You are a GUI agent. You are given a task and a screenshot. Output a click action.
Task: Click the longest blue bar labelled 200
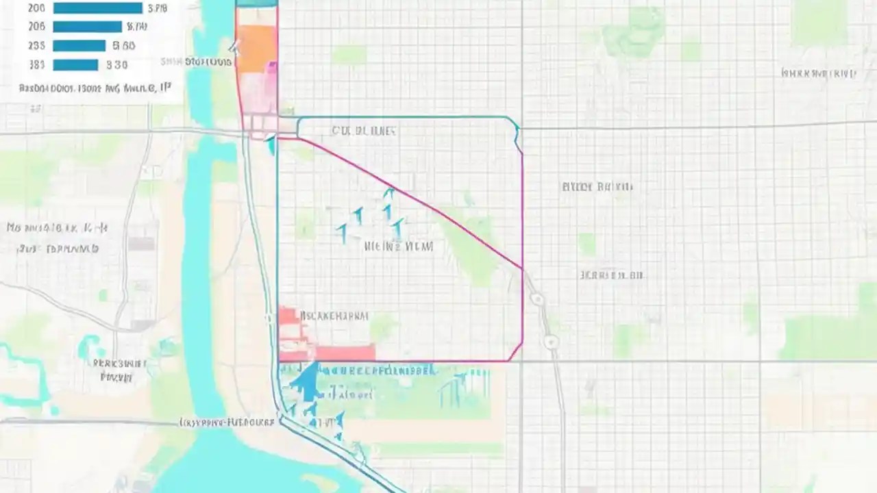pyautogui.click(x=97, y=8)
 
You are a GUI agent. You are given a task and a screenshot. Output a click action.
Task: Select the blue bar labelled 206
pyautogui.click(x=87, y=27)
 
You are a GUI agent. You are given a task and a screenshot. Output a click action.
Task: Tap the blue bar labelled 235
pyautogui.click(x=79, y=46)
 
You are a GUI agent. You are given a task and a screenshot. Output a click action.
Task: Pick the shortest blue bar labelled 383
pyautogui.click(x=75, y=65)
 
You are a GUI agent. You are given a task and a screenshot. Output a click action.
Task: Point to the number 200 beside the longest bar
pyautogui.click(x=36, y=8)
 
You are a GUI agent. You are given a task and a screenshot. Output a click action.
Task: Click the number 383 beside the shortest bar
pyautogui.click(x=36, y=65)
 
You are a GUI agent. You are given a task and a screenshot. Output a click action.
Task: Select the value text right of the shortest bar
pyautogui.click(x=117, y=65)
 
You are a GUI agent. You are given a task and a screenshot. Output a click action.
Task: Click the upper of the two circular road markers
pyautogui.click(x=537, y=299)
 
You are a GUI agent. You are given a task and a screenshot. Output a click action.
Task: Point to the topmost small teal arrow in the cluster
pyautogui.click(x=388, y=193)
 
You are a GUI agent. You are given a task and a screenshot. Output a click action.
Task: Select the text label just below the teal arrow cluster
pyautogui.click(x=399, y=246)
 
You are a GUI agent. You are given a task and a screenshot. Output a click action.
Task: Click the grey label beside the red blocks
pyautogui.click(x=334, y=316)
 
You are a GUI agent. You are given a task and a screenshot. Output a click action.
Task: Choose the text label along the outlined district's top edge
pyautogui.click(x=364, y=130)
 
